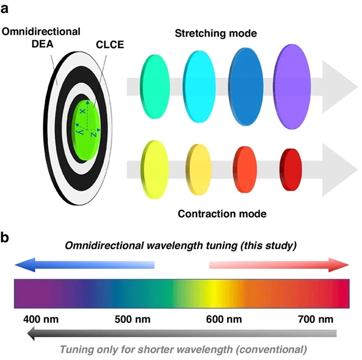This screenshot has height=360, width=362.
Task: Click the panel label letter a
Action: (7, 10)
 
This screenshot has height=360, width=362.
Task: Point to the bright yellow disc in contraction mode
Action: (154, 168)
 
